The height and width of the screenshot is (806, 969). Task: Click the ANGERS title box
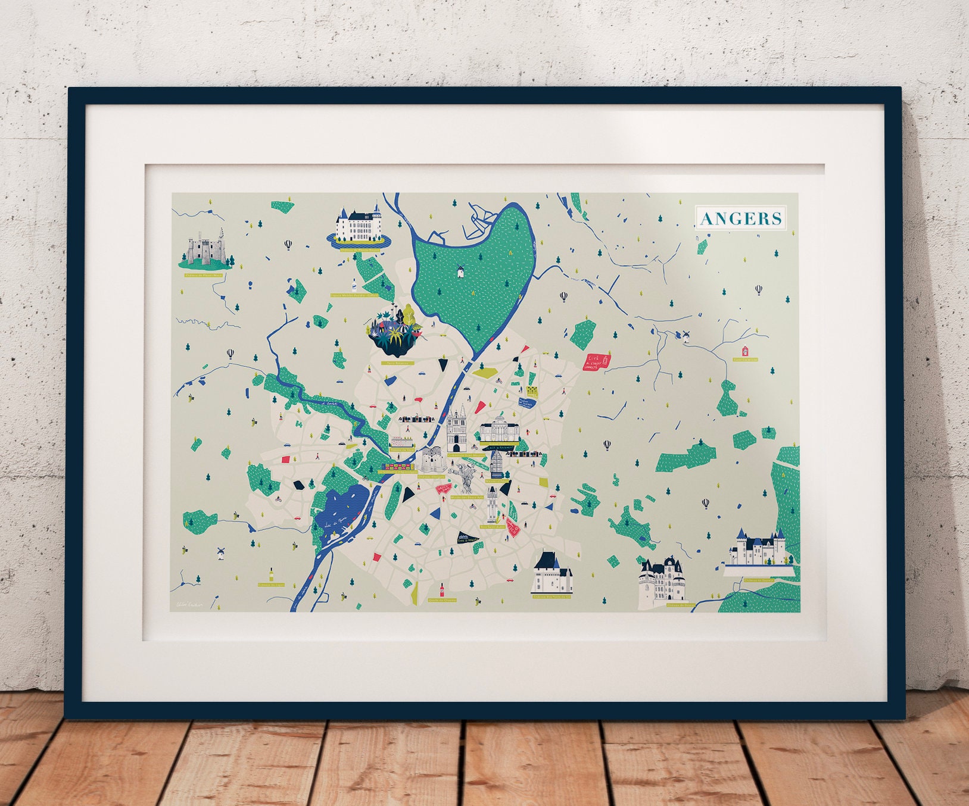(740, 218)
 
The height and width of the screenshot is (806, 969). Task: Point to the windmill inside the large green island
(460, 271)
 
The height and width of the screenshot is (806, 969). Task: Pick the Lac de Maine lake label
(336, 524)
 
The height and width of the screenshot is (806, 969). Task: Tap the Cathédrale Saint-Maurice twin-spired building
(457, 430)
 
